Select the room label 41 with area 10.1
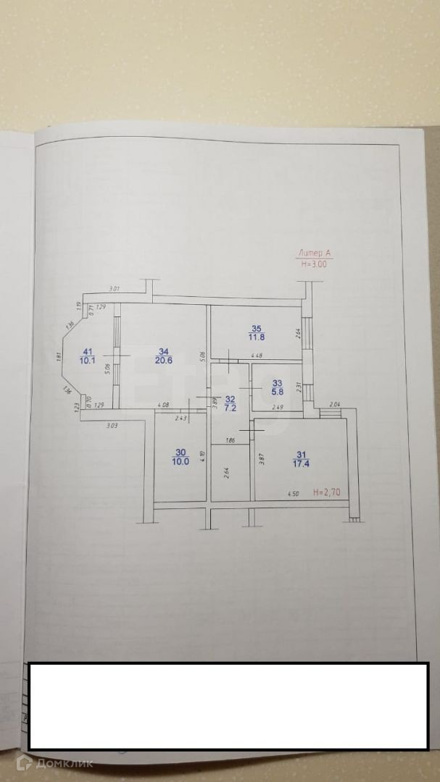(x=87, y=356)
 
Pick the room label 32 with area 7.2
(x=230, y=403)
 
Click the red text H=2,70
(x=328, y=492)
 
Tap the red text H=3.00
(x=314, y=264)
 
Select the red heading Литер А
(x=314, y=253)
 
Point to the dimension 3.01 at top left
(x=114, y=290)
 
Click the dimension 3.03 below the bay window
(x=112, y=426)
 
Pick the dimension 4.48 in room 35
(x=256, y=356)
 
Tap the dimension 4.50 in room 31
(x=292, y=495)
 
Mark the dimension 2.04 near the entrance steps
(x=335, y=405)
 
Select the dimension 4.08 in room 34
(x=163, y=405)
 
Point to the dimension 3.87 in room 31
(x=260, y=458)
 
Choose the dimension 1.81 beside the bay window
(x=57, y=356)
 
